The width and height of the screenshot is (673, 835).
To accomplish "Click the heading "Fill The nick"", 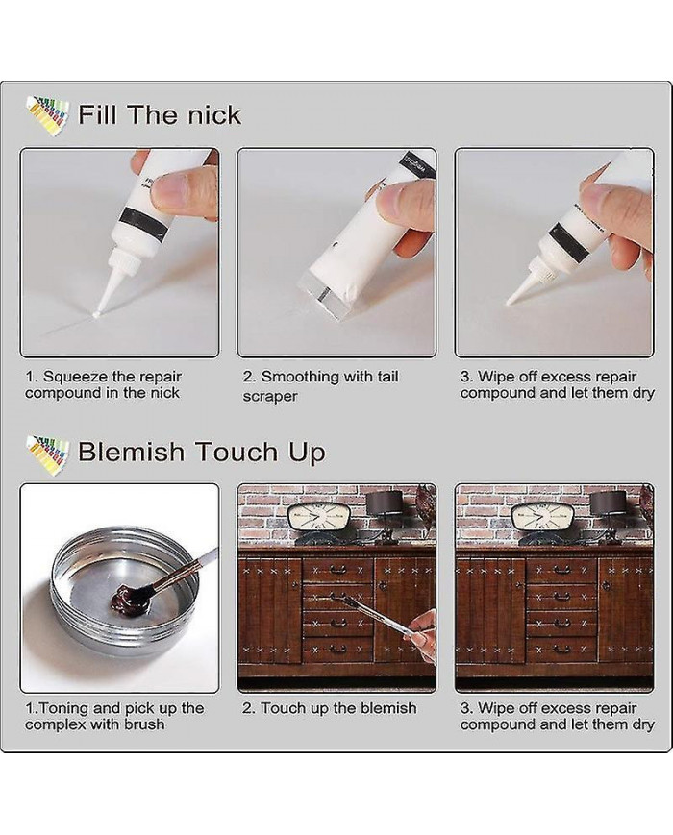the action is pyautogui.click(x=160, y=115).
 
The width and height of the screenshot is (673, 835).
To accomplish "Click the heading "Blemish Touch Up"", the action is pyautogui.click(x=202, y=453).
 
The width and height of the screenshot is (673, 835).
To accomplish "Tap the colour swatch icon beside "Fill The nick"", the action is pyautogui.click(x=47, y=114).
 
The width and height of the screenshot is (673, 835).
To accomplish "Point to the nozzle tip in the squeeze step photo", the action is pyautogui.click(x=96, y=316).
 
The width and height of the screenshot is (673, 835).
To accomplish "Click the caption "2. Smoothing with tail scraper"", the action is pyautogui.click(x=320, y=386).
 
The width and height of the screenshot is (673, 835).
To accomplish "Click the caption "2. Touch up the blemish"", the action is pyautogui.click(x=330, y=708).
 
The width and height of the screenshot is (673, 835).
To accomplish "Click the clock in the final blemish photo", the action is pyautogui.click(x=542, y=517).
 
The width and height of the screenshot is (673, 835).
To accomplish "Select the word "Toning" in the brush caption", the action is pyautogui.click(x=64, y=708).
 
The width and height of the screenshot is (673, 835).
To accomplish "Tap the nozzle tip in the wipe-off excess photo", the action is pyautogui.click(x=509, y=302).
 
